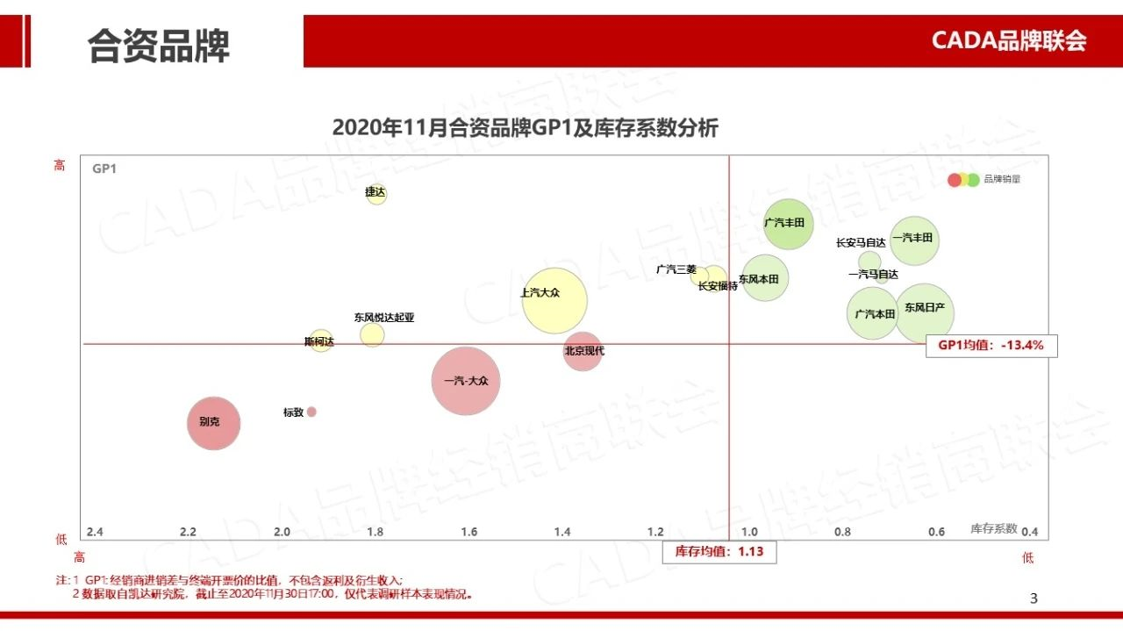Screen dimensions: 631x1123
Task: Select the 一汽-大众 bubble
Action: (466, 381)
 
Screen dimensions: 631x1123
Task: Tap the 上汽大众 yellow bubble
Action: (554, 300)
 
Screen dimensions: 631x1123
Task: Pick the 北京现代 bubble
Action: (583, 351)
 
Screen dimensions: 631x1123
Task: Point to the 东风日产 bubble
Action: (924, 312)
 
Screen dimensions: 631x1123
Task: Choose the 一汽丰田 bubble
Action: (914, 240)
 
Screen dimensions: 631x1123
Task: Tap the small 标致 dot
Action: (311, 412)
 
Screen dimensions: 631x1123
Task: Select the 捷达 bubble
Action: (376, 194)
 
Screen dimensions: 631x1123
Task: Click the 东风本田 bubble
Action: (765, 278)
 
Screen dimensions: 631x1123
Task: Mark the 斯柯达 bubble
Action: (321, 341)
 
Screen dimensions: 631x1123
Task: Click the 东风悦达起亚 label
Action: (384, 318)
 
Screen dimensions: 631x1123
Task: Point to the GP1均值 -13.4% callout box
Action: (991, 346)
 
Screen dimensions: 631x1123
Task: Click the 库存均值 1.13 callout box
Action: (719, 552)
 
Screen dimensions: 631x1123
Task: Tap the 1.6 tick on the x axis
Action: (469, 532)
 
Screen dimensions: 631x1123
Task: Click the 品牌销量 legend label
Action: (1002, 179)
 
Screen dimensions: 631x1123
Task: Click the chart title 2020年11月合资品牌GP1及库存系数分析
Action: (525, 128)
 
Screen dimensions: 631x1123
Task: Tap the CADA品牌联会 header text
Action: (1009, 40)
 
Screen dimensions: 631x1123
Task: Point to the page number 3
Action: (1033, 599)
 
